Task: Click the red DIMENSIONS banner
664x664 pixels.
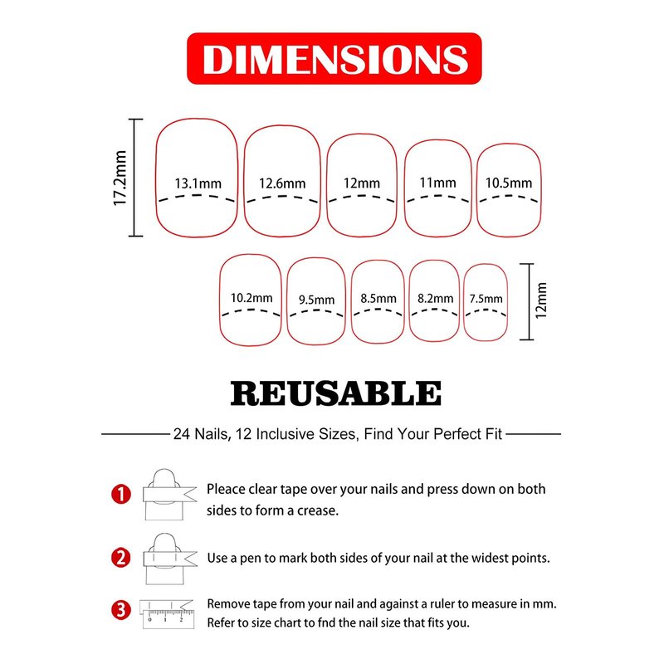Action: point(334,58)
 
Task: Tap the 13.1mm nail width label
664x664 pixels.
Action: point(198,183)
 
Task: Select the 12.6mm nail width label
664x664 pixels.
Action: point(282,183)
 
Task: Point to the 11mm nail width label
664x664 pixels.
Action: point(437,183)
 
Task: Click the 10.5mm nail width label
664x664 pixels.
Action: point(509,183)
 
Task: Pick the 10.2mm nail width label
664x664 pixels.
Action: point(251,298)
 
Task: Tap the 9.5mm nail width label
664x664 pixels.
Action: point(317,300)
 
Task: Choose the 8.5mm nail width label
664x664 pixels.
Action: point(378,299)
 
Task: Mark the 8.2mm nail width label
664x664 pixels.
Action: point(435,299)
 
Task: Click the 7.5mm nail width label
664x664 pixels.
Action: point(486,299)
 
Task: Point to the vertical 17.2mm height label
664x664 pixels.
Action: point(120,178)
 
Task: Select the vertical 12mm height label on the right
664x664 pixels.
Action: point(541,300)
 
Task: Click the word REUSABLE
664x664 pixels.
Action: point(336,393)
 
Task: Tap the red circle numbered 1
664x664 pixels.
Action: point(121,494)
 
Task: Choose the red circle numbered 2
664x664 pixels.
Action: point(121,558)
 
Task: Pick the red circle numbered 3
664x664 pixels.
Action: point(121,610)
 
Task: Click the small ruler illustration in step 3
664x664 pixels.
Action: point(168,619)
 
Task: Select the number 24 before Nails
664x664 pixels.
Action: point(181,434)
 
